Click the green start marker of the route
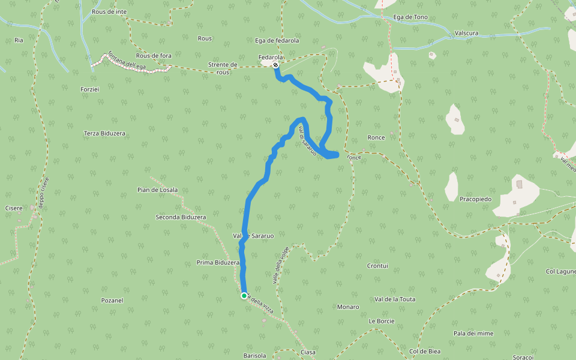[x=244, y=295]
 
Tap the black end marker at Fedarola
[x=275, y=65]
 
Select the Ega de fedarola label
[x=277, y=41]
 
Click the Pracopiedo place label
[x=476, y=199]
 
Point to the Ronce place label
[x=376, y=137]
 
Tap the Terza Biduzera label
[x=104, y=133]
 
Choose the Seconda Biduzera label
[x=181, y=217]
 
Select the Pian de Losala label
[x=157, y=190]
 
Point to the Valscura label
[x=466, y=33]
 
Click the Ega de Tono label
[x=410, y=17]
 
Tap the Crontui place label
[x=377, y=265]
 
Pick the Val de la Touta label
[x=395, y=299]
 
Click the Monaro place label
[x=348, y=307]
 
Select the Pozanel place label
[x=112, y=300]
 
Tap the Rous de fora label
[x=154, y=56]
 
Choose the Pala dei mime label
[x=473, y=333]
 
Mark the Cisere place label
[x=13, y=208]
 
